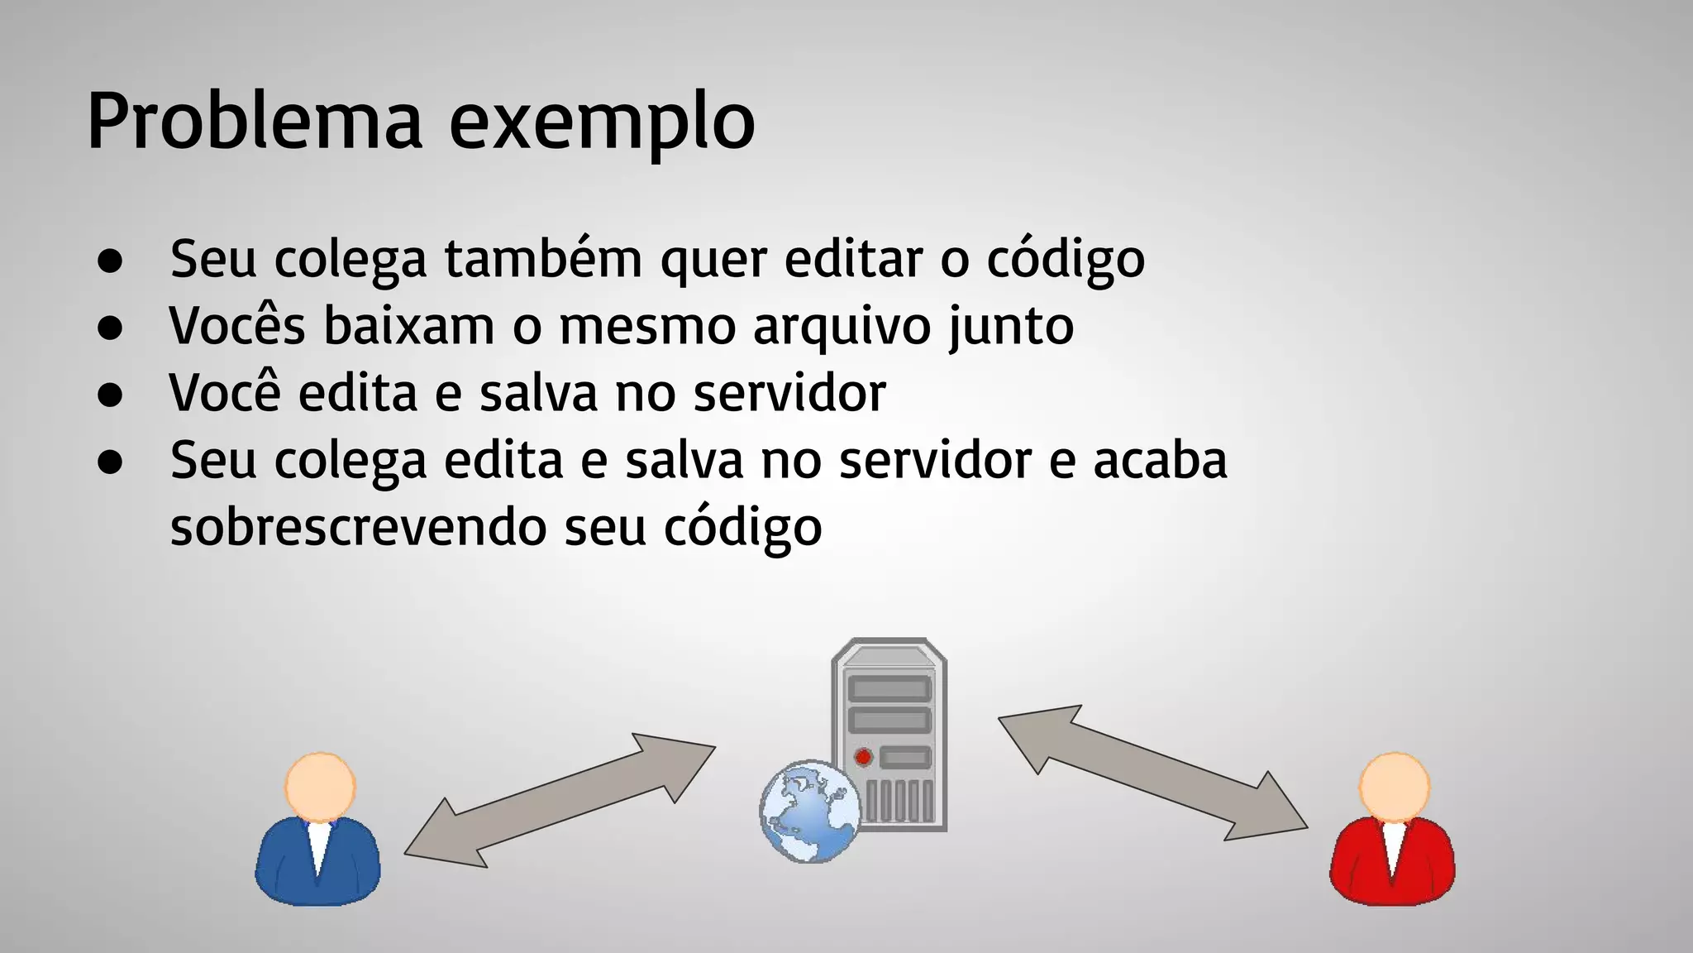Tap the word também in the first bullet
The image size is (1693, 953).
543,259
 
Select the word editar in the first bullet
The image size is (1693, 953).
853,259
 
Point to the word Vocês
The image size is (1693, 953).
237,325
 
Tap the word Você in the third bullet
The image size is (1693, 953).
225,392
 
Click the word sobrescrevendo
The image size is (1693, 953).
358,526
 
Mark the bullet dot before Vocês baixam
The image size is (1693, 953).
110,328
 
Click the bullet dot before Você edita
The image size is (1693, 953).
110,395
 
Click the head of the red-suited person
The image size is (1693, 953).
1395,787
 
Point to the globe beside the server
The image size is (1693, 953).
808,812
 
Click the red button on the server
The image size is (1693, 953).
863,756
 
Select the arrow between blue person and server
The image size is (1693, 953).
560,800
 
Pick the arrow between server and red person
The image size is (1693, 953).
1153,773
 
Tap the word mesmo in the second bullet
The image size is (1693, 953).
647,326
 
